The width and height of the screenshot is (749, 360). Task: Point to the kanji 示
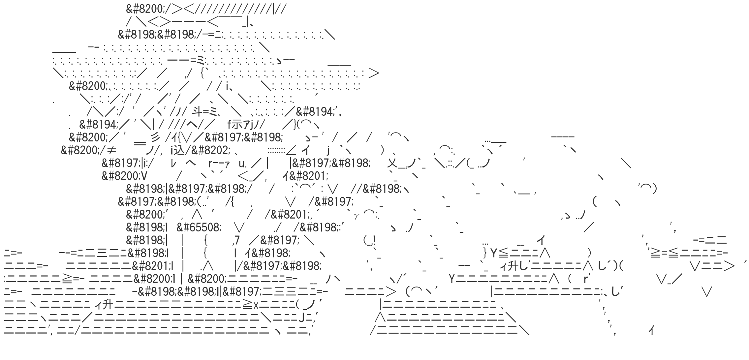(x=237, y=125)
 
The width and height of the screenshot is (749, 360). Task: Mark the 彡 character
(x=155, y=137)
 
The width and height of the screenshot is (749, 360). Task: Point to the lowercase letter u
(x=240, y=163)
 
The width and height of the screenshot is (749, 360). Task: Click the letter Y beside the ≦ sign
(x=494, y=253)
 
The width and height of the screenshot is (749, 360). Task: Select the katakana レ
(x=175, y=163)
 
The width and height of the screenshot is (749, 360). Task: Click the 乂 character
(x=392, y=163)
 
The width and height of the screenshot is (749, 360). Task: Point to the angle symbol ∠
(x=291, y=150)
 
